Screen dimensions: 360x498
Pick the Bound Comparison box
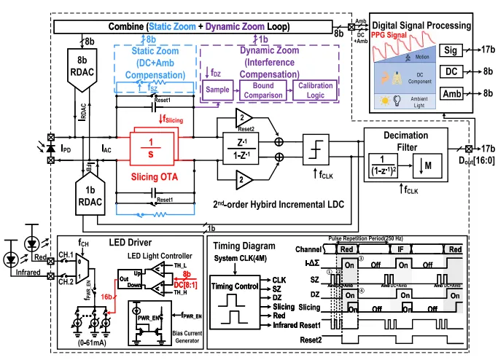(x=259, y=91)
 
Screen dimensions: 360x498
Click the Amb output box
(x=451, y=93)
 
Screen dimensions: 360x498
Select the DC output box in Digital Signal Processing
(x=451, y=72)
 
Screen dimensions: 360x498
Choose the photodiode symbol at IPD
(x=50, y=147)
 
